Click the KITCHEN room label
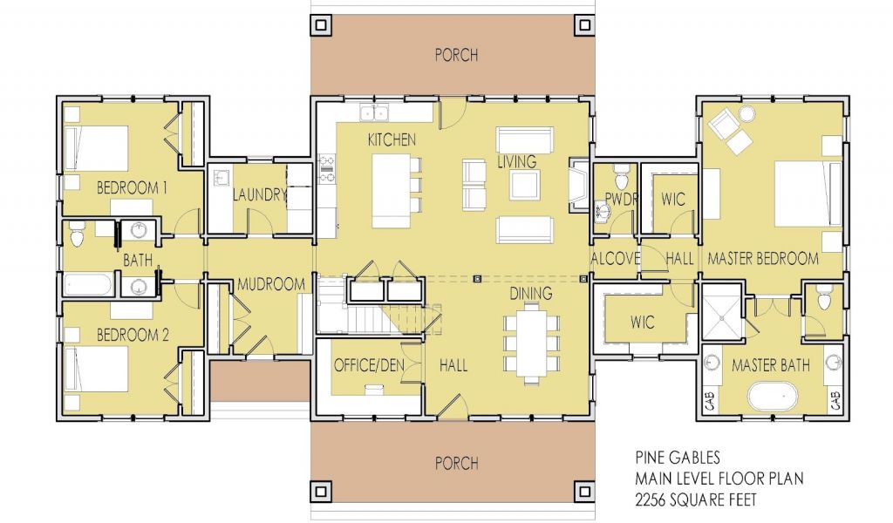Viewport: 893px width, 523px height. coord(392,139)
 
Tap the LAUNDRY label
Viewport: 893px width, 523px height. coord(259,194)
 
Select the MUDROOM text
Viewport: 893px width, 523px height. coord(271,284)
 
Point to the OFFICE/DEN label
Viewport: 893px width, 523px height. coord(369,364)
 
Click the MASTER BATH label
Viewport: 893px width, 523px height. coord(771,364)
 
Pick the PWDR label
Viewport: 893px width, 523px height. coord(621,199)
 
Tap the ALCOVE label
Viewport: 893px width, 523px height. coord(615,259)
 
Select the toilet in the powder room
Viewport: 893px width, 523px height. coord(620,176)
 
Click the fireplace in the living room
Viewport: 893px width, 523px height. coord(579,186)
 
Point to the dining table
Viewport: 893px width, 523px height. coord(533,344)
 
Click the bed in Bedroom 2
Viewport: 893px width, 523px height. coord(96,369)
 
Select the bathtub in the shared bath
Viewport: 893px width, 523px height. coord(88,284)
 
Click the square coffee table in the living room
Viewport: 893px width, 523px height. coord(524,185)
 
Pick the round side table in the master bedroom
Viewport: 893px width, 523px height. coord(746,114)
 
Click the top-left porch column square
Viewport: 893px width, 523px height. coord(321,25)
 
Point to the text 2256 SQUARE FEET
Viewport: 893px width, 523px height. coord(696,499)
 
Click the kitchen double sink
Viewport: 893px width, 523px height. coord(374,112)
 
